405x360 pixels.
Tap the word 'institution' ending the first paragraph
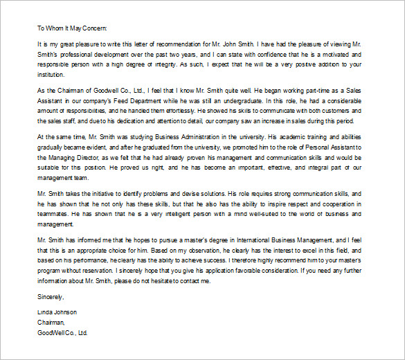point(53,74)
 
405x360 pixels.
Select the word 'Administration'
point(200,136)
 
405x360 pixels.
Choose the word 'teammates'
point(55,215)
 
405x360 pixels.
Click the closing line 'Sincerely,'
point(50,297)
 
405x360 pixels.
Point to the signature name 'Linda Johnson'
point(57,312)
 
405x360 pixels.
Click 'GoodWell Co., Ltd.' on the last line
point(63,332)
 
